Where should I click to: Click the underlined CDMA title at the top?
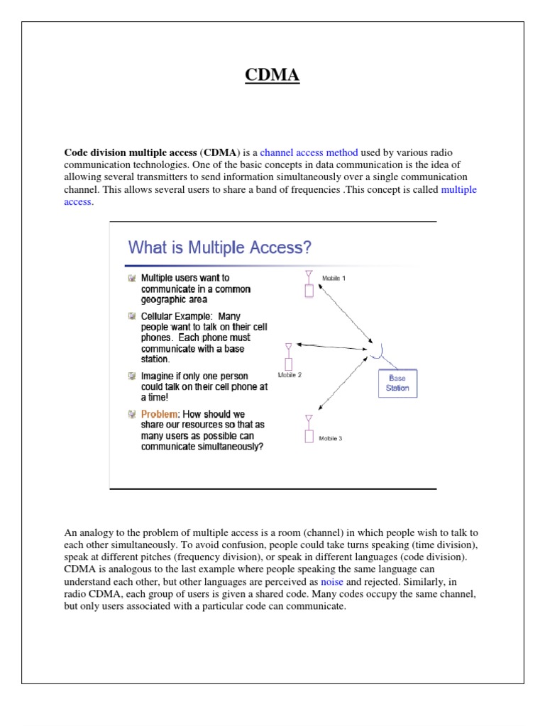(272, 75)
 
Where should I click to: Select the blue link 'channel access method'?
(309, 152)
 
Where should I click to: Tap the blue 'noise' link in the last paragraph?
(332, 581)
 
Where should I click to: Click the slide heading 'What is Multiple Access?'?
(219, 247)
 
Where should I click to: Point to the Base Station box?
(397, 384)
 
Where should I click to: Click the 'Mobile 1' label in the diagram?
(334, 278)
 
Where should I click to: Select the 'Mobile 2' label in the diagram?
(290, 375)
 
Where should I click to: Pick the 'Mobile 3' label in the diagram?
(330, 438)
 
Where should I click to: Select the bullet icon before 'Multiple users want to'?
(131, 279)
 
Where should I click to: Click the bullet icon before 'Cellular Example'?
(131, 315)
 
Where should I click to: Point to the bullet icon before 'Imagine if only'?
(131, 376)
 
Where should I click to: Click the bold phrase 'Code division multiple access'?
(131, 152)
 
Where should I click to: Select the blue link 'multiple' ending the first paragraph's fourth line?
(458, 189)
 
